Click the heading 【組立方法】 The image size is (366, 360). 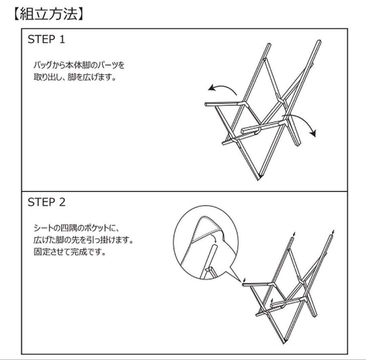48,15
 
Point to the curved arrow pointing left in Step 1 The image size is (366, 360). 222,89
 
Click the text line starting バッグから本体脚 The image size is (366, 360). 78,65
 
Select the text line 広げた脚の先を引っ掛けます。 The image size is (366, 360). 83,240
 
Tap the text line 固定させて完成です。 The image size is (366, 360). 69,252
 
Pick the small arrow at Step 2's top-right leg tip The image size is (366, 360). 334,232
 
